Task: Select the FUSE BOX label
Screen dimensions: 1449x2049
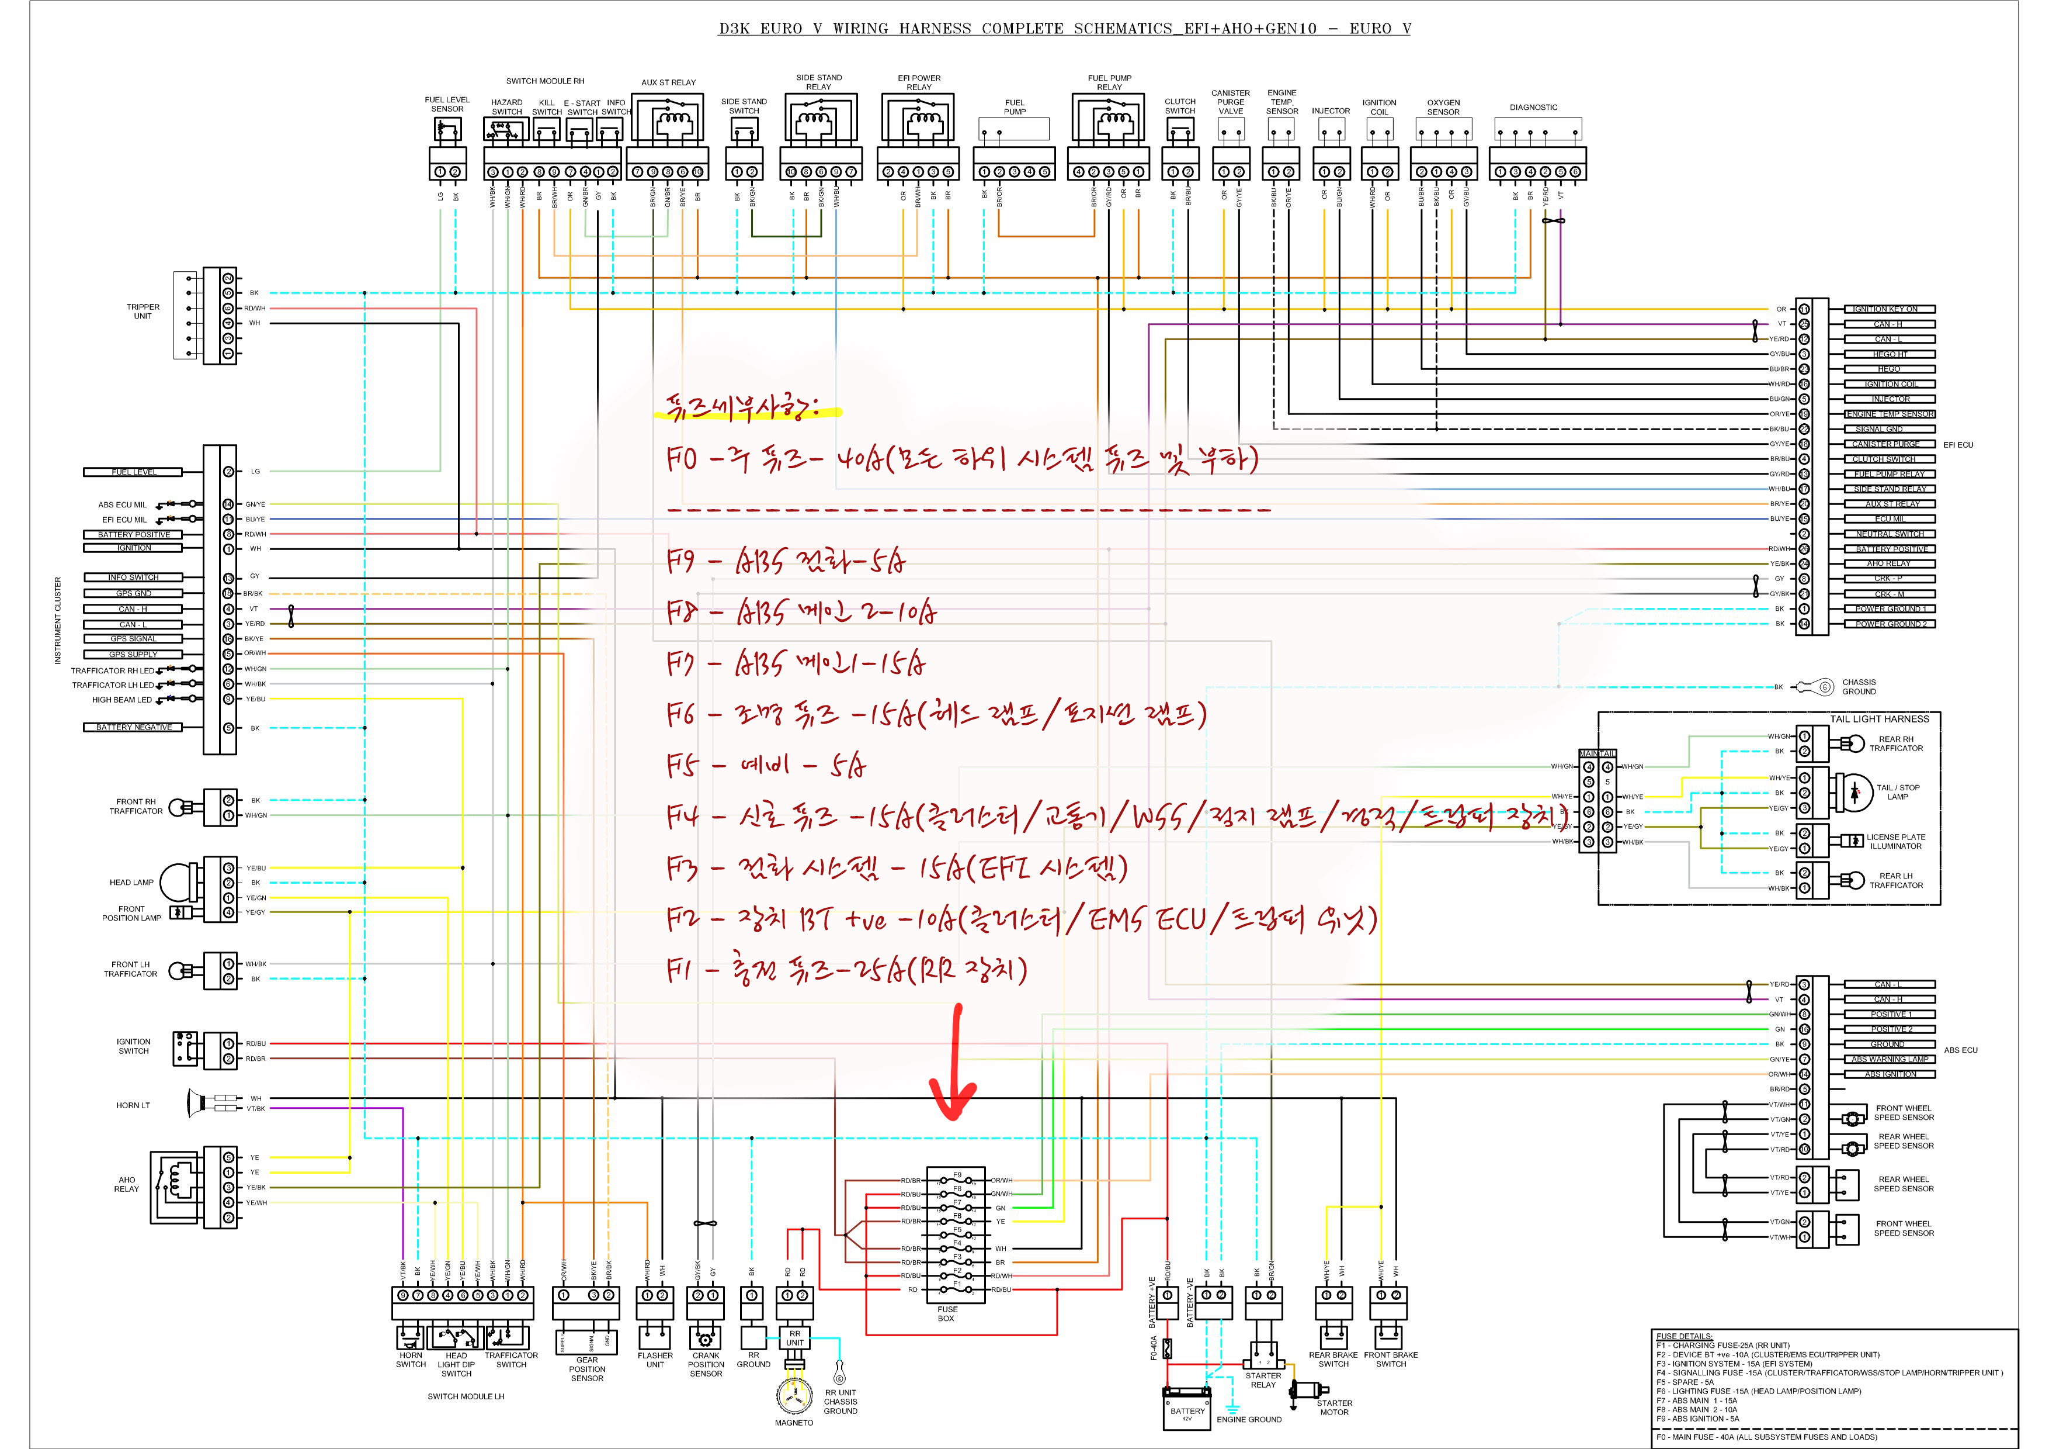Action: pos(946,1313)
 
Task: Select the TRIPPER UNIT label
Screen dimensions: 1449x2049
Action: pos(143,311)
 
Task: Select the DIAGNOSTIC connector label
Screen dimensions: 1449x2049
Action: pos(1533,107)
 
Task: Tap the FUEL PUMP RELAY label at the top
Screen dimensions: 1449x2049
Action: pos(1109,82)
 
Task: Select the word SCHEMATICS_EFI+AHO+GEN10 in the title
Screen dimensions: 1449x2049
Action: pos(1194,29)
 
